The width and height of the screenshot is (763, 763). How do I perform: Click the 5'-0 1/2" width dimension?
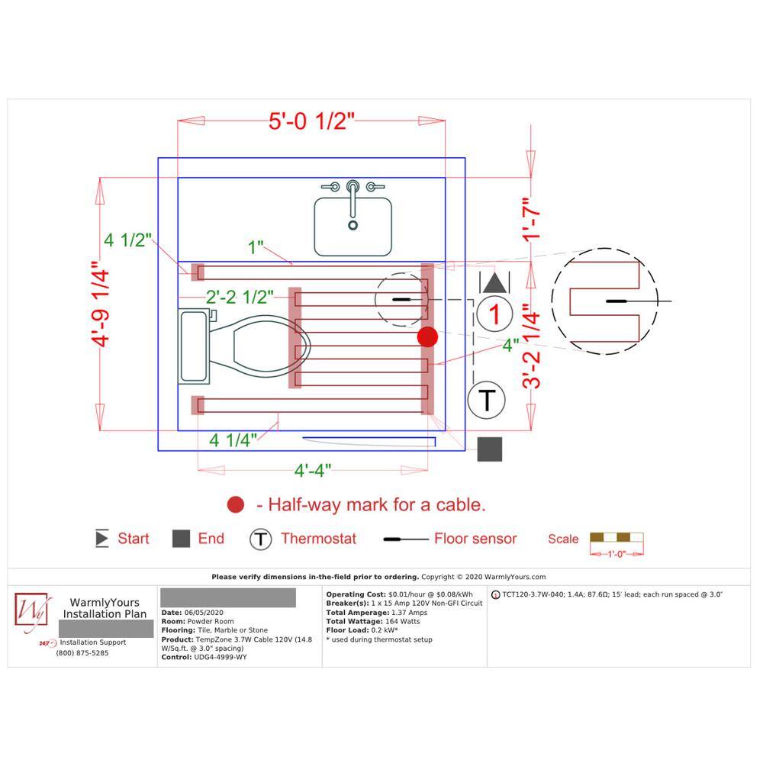point(311,121)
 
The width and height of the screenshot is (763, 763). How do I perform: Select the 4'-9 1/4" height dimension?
point(101,304)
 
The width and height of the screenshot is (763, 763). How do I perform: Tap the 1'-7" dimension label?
point(531,220)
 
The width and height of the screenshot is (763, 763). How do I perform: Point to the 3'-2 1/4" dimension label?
point(531,346)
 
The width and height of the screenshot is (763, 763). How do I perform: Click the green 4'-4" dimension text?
point(312,471)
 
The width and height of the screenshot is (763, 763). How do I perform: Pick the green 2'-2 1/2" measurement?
point(240,297)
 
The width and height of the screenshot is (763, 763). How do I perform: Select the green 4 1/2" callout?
point(127,240)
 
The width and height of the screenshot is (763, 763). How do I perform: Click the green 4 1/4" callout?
point(233,440)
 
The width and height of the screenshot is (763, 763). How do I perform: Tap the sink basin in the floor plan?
point(353,227)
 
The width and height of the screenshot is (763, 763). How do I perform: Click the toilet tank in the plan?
point(194,346)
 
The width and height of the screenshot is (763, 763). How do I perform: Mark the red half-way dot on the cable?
point(428,336)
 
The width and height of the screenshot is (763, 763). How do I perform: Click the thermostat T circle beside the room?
point(487,400)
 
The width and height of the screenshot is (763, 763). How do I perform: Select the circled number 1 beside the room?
point(494,314)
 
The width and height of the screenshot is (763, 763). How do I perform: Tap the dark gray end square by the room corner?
point(490,449)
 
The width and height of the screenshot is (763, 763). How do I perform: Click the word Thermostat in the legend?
point(318,539)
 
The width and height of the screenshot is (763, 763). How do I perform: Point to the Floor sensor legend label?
point(475,539)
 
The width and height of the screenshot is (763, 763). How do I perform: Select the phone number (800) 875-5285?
point(82,653)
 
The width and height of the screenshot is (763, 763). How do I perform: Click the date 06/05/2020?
point(204,613)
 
